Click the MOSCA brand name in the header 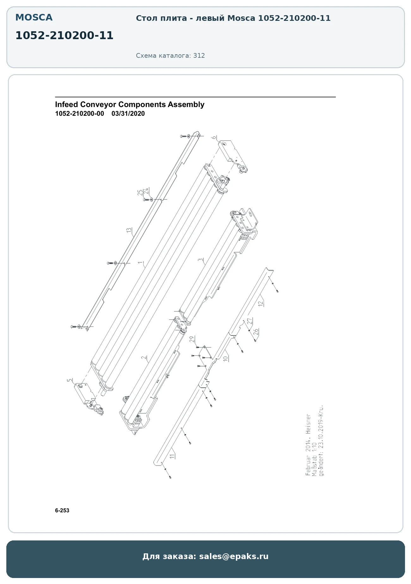click(34, 18)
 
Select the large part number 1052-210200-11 click(64, 35)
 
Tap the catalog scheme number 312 click(199, 56)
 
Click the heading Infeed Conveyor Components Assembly click(130, 104)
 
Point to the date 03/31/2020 click(128, 114)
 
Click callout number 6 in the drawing click(214, 137)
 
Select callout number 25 click(140, 193)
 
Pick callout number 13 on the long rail click(129, 230)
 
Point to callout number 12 click(260, 303)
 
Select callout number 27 click(249, 321)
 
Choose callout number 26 click(256, 332)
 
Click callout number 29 click(192, 339)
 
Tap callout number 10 click(225, 359)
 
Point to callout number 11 click(172, 456)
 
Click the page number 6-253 click(62, 510)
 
